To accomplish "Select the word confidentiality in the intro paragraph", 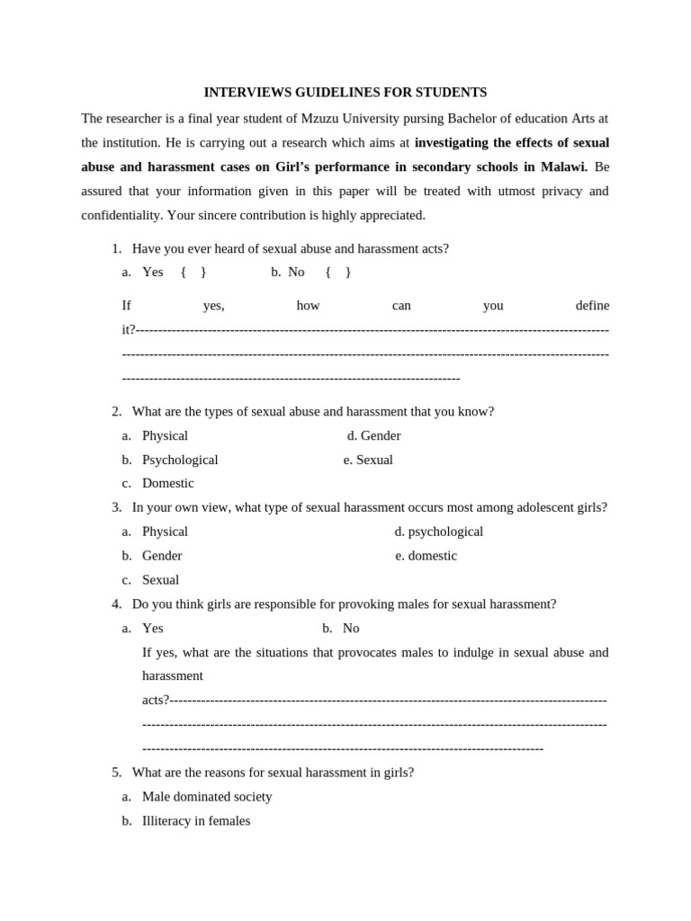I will pos(122,216).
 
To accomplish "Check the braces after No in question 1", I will pos(338,273).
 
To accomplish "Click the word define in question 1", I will pos(592,306).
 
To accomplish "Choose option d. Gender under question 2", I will pos(374,436).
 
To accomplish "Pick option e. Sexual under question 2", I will pos(368,460).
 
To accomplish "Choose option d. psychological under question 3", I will pos(439,532).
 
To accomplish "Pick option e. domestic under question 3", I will pos(426,557).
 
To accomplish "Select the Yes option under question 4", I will pos(152,629).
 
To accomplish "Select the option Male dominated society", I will pos(207,797).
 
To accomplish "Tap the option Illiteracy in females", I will pos(196,821).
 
